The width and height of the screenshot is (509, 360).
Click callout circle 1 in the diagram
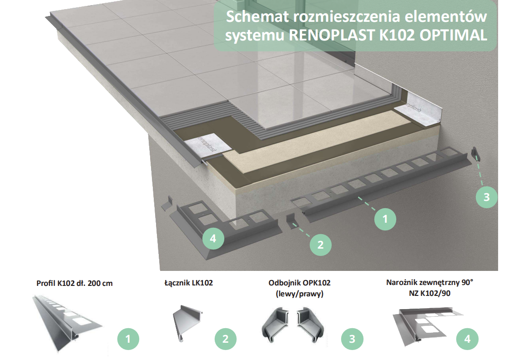385,219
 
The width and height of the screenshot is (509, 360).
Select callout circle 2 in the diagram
320,245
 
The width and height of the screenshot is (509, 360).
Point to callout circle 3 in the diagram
486,197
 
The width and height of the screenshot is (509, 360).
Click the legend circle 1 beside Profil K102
128,339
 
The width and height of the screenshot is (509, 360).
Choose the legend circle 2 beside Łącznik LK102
225,339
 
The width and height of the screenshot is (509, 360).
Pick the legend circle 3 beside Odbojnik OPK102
352,339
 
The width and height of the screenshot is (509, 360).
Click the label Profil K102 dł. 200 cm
74,283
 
